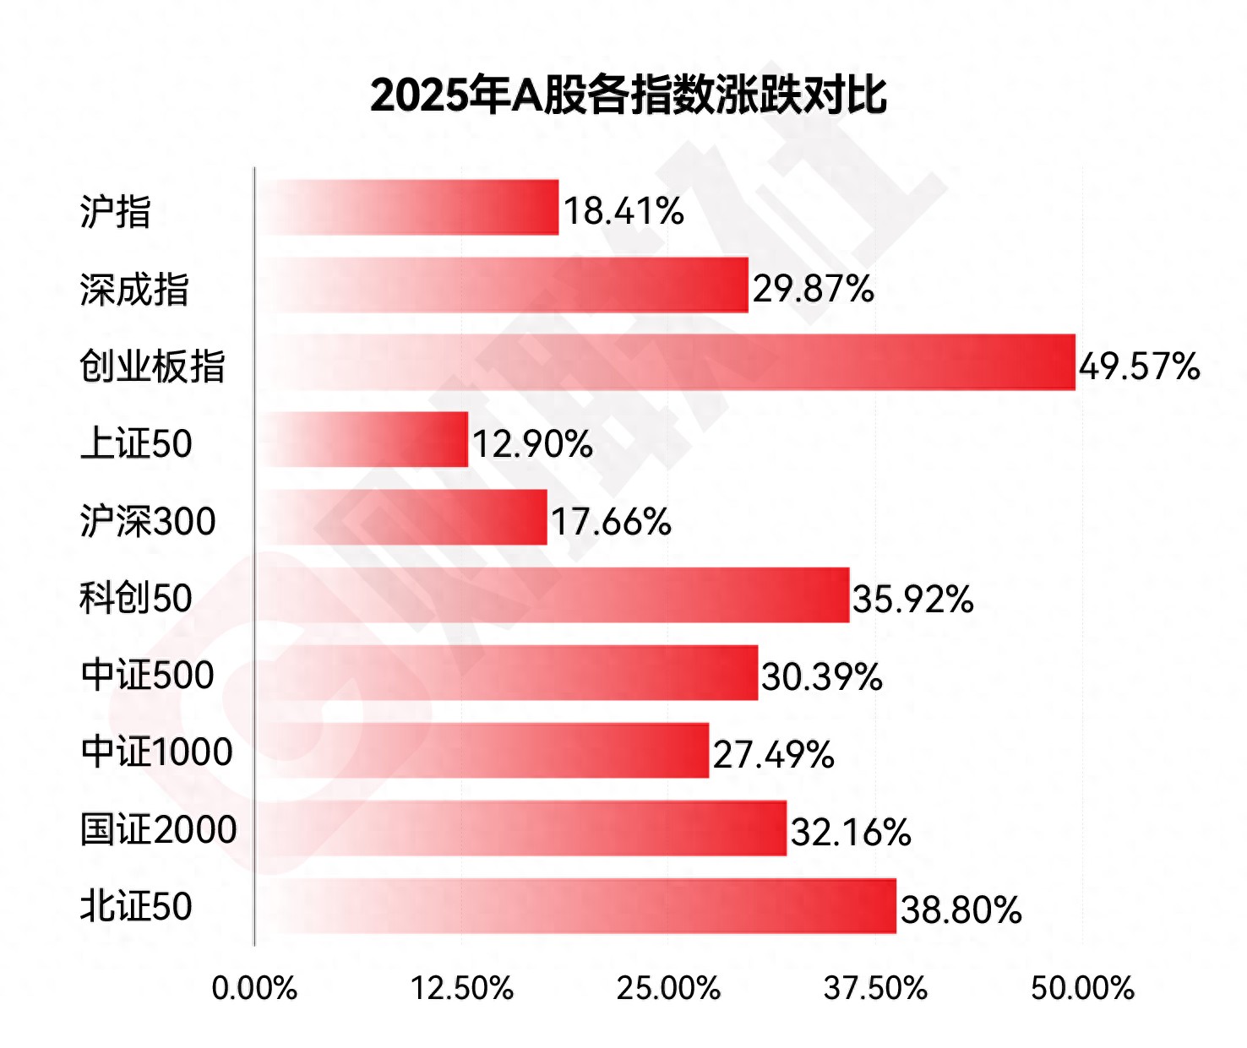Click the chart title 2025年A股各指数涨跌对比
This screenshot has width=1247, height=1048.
pos(628,94)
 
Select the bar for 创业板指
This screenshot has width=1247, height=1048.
pos(665,362)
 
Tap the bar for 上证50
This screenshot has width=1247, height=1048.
pos(362,439)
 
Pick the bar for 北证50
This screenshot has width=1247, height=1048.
pos(575,906)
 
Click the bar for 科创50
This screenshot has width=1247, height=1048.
pos(552,595)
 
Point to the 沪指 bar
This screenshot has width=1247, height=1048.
pos(406,207)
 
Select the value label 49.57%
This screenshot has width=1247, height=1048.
pos(1139,367)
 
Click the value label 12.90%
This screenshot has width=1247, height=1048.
pos(532,444)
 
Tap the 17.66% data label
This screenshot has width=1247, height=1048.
pos(611,522)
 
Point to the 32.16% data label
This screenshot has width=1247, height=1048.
pos(851,833)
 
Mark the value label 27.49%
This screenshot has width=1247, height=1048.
pos(773,755)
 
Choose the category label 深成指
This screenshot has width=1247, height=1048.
pos(134,290)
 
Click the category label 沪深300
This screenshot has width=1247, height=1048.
pos(148,521)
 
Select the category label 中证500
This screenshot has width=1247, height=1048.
pos(148,676)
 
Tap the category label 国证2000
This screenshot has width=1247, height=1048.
pos(159,830)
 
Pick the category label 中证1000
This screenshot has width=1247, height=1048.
pos(157,752)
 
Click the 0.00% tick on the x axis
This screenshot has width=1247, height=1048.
pos(254,988)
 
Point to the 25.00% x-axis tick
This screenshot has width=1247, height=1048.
pos(668,988)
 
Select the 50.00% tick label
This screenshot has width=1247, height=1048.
pos(1082,988)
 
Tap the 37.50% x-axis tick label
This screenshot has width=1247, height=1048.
pos(875,988)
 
